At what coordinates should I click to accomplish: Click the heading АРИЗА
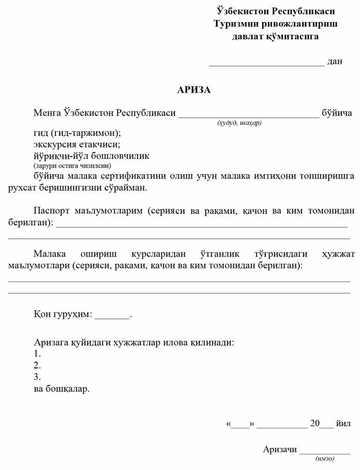pos(194,90)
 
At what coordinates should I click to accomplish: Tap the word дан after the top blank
pos(335,61)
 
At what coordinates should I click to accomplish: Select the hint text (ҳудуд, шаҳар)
pos(239,123)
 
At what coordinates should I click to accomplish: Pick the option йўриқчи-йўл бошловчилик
pos(91,156)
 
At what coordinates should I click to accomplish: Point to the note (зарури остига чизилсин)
pos(68,165)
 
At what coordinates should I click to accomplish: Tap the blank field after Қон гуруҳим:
pos(112,315)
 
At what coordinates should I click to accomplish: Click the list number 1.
pos(37,354)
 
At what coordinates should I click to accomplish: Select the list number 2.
pos(37,365)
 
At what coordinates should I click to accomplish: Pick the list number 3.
pos(37,377)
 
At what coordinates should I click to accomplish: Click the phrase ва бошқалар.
pos(62,389)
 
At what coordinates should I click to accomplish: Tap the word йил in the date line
pos(343,423)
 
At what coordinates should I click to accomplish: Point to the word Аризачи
pos(280,449)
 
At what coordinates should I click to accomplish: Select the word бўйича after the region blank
pos(336,113)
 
